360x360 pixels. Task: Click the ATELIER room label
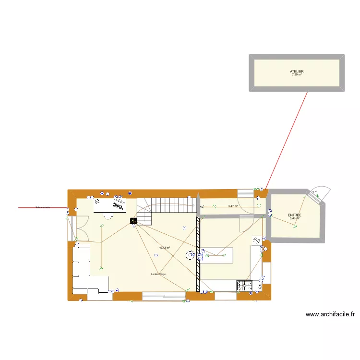(x=297, y=72)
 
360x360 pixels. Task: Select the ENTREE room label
(x=294, y=215)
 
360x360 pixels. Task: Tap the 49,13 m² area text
(x=165, y=248)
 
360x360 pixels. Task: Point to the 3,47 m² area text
(x=233, y=206)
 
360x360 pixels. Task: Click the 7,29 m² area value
(x=297, y=75)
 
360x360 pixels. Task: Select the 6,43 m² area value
(x=294, y=218)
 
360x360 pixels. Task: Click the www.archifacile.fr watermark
(x=330, y=314)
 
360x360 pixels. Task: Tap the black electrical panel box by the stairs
(x=133, y=221)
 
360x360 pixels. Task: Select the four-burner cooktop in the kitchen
(x=245, y=286)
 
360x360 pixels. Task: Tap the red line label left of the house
(x=43, y=208)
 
